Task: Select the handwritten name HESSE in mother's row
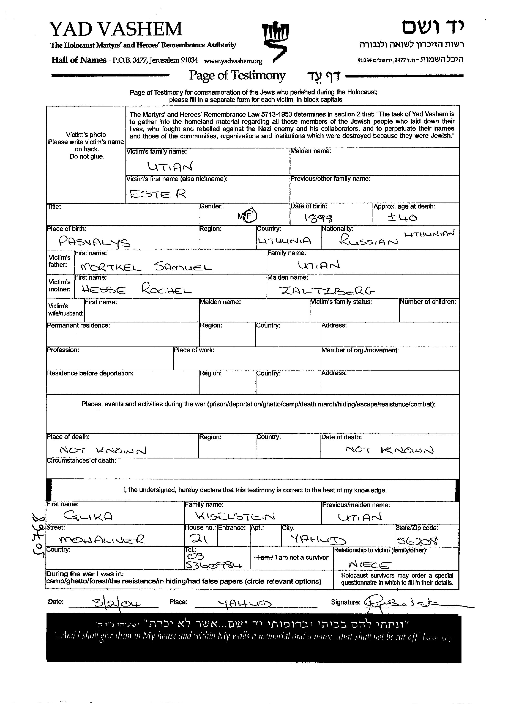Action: [x=104, y=290]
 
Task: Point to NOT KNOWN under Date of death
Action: [x=389, y=449]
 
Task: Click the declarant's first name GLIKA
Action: [x=88, y=516]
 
